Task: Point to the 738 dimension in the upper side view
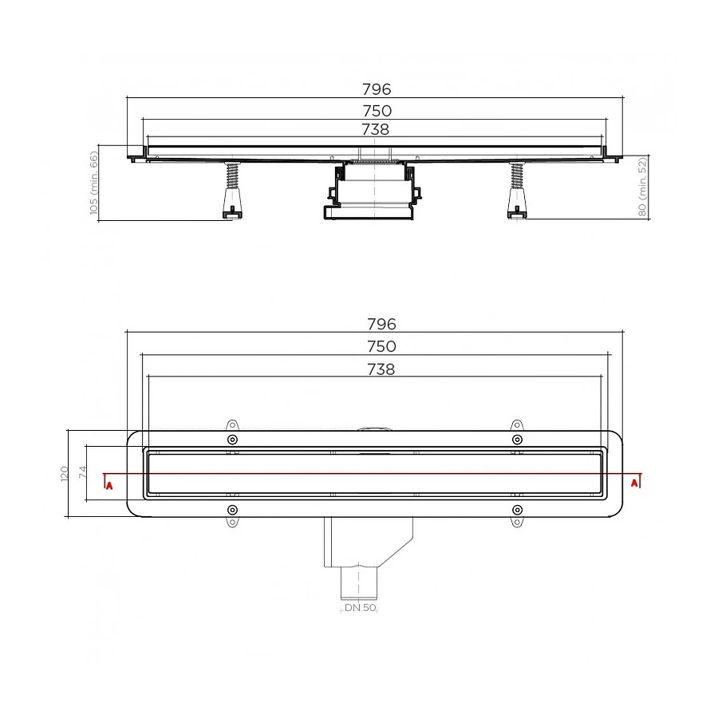376,129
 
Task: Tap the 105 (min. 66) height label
93,184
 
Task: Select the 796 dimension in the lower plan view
381,324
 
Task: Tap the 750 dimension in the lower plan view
381,346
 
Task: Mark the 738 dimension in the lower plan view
381,369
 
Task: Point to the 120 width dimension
64,473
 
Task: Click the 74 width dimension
81,472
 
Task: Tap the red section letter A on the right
634,482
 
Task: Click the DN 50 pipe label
361,608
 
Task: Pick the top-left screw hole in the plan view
232,440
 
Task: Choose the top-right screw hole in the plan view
517,440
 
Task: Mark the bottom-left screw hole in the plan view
232,509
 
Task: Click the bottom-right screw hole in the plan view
517,509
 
